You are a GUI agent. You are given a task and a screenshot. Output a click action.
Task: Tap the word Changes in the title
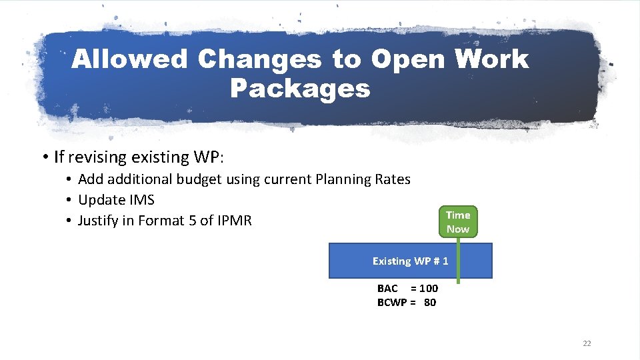pos(259,59)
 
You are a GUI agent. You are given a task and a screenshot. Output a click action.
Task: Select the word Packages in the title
pos(300,88)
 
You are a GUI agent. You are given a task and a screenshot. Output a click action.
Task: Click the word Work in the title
pos(491,59)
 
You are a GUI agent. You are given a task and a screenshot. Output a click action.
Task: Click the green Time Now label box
pos(458,222)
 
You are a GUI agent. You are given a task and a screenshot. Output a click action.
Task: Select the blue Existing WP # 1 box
pos(410,261)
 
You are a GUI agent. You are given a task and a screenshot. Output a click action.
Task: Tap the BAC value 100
pos(429,289)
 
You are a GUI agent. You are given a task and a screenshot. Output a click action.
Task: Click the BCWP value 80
pos(430,303)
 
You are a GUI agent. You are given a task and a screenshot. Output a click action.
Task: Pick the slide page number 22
pos(587,343)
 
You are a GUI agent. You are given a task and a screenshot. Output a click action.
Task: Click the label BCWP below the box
pos(392,303)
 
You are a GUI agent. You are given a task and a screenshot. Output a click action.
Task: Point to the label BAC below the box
pos(387,289)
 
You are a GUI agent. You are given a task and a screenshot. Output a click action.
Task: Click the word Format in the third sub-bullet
pos(163,221)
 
